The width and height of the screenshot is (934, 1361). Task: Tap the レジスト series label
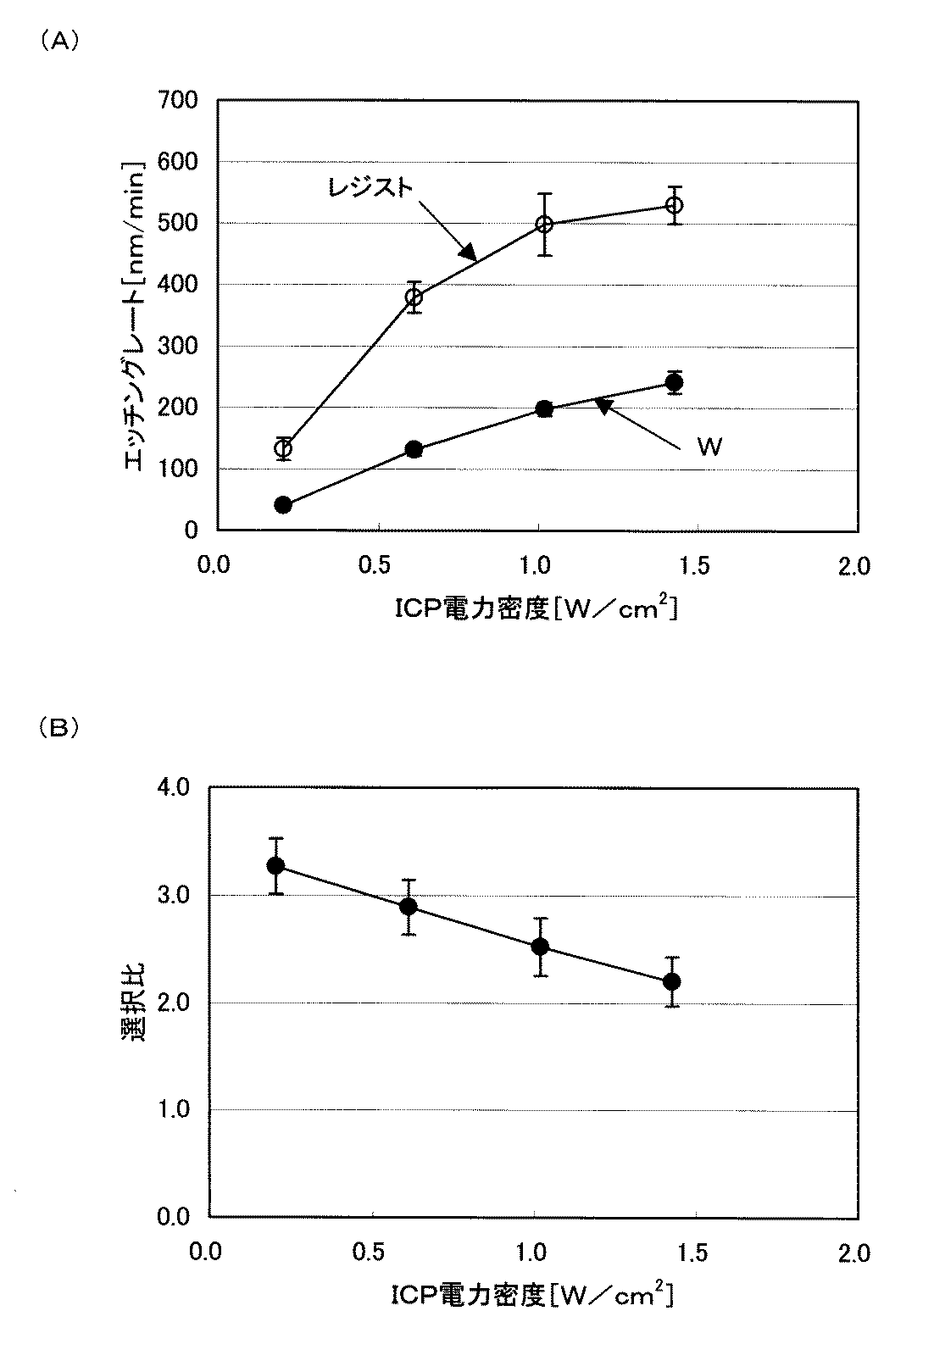[x=371, y=187]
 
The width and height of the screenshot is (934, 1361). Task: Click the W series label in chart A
[x=709, y=447]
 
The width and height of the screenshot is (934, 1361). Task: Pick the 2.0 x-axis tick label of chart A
[x=853, y=566]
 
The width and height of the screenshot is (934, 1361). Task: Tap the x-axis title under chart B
[x=532, y=1297]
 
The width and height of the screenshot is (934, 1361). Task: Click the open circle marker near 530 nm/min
[x=675, y=205]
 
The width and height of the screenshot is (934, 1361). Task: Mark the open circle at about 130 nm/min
[x=283, y=448]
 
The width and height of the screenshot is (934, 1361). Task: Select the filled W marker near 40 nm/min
[x=283, y=505]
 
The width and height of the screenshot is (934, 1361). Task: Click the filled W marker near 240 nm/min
[x=675, y=382]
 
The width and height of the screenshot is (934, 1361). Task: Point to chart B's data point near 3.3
[x=275, y=865]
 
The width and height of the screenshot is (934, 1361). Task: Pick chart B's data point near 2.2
[x=672, y=981]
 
